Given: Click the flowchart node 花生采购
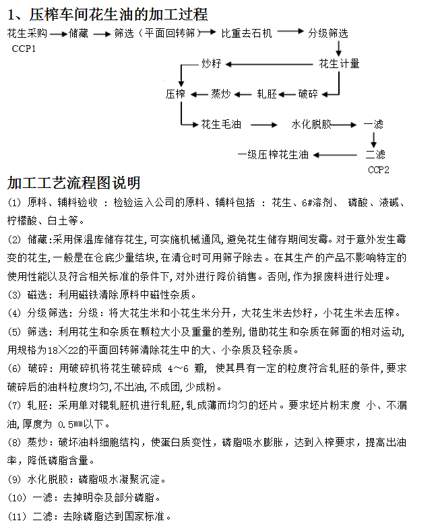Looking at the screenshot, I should [27, 32].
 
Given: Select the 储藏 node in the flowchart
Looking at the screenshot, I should [78, 32].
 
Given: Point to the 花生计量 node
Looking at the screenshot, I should [339, 64].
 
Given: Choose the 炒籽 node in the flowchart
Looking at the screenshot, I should [212, 64].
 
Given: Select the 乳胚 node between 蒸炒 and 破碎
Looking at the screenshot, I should [267, 94].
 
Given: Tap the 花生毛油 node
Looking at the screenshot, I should [221, 125].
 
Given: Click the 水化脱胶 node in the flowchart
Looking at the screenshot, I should [311, 125].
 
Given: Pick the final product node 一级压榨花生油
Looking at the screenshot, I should [272, 154].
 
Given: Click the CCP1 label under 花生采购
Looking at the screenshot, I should [24, 49].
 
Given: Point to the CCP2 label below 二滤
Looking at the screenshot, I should [379, 170].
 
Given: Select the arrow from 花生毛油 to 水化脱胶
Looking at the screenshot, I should [264, 125].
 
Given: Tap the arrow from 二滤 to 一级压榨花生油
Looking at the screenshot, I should [336, 154].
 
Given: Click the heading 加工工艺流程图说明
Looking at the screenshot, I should [74, 183].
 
